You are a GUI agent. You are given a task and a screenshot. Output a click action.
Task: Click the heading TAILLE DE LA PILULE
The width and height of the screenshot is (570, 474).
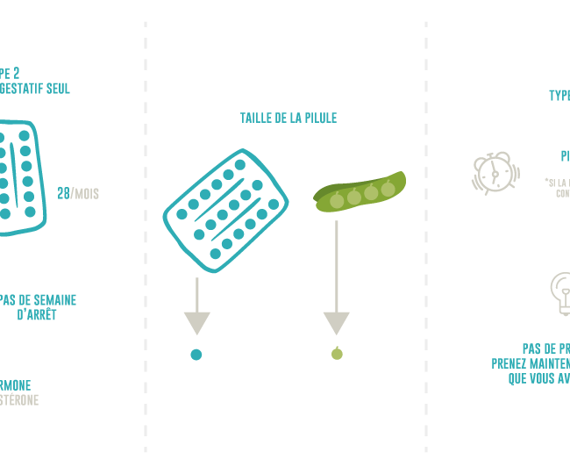click(288, 118)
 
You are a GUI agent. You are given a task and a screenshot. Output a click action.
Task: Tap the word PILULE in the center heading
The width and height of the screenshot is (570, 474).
click(320, 118)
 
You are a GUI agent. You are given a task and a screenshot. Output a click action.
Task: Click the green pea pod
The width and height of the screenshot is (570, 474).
click(360, 191)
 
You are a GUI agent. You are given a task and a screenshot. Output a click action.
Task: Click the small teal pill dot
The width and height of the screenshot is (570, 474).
click(196, 355)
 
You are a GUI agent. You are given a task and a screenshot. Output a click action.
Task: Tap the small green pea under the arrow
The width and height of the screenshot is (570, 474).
click(336, 354)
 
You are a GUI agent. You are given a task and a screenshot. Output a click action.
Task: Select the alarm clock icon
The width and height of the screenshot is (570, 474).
click(494, 173)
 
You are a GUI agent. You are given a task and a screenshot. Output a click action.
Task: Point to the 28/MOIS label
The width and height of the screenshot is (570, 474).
click(78, 193)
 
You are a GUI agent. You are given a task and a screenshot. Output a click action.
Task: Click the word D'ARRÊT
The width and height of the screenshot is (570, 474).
click(37, 314)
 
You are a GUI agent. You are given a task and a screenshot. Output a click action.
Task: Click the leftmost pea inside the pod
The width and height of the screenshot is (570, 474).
click(337, 200)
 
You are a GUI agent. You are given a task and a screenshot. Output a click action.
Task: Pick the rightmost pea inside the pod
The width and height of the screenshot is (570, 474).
click(388, 188)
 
